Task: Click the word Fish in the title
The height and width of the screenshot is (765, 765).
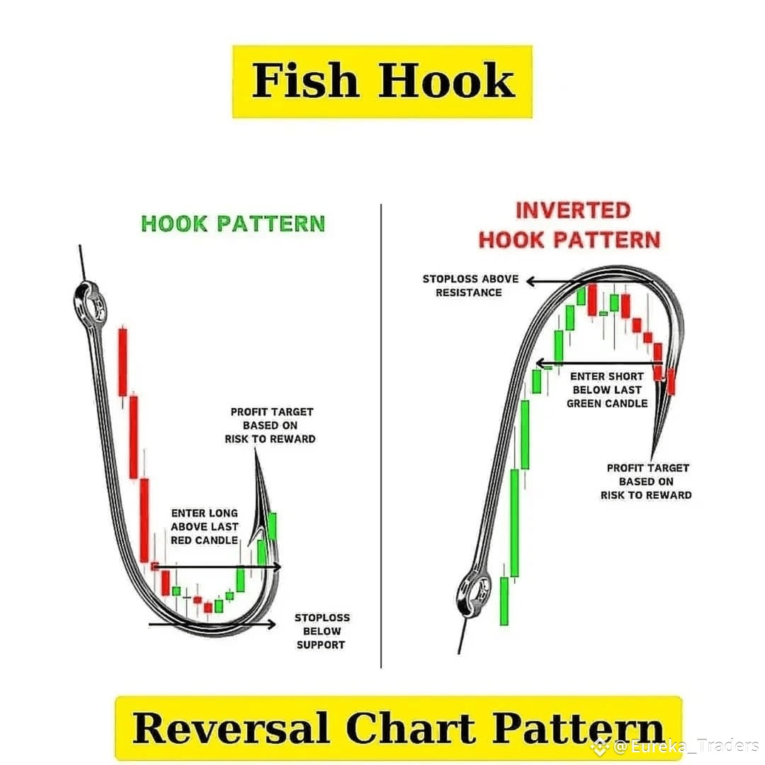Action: click(307, 81)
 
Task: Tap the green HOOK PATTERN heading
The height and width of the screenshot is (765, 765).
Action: click(233, 224)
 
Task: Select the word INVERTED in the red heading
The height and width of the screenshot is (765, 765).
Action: click(572, 210)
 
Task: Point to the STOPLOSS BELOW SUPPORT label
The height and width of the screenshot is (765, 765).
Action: click(322, 631)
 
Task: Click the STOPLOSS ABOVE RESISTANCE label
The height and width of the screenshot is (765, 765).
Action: click(470, 285)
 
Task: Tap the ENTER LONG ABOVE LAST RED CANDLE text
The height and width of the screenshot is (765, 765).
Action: click(205, 526)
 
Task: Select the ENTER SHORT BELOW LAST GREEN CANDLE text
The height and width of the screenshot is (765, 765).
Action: click(607, 390)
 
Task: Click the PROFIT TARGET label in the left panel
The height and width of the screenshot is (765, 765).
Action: click(271, 425)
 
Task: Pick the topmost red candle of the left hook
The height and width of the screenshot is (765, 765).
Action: click(123, 361)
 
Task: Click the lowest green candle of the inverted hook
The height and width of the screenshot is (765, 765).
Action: click(504, 601)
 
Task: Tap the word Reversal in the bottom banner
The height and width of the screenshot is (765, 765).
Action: click(232, 728)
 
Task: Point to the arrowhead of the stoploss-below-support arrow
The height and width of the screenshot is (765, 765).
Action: click(271, 624)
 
